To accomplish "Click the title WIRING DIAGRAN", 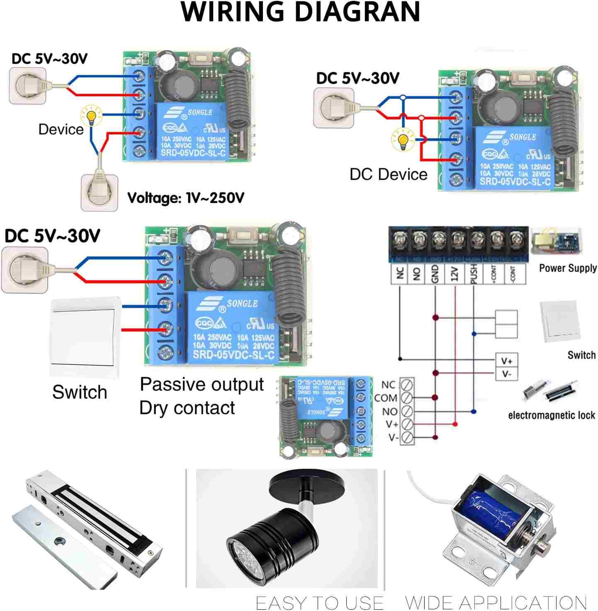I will pyautogui.click(x=300, y=12).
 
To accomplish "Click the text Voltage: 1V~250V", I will pyautogui.click(x=185, y=198).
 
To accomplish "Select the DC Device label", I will pyautogui.click(x=388, y=174).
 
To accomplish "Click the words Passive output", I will pyautogui.click(x=202, y=385).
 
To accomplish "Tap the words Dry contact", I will pyautogui.click(x=187, y=408).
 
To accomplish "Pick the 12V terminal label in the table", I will pyautogui.click(x=455, y=274).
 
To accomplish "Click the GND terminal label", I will pyautogui.click(x=435, y=274).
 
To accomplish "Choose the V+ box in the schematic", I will pyautogui.click(x=506, y=361).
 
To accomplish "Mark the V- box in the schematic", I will pyautogui.click(x=506, y=374).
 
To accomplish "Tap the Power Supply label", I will pyautogui.click(x=568, y=268).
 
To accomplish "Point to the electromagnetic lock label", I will pyautogui.click(x=551, y=415).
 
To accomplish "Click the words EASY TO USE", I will pyautogui.click(x=319, y=602).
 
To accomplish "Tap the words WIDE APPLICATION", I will pyautogui.click(x=496, y=602).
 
